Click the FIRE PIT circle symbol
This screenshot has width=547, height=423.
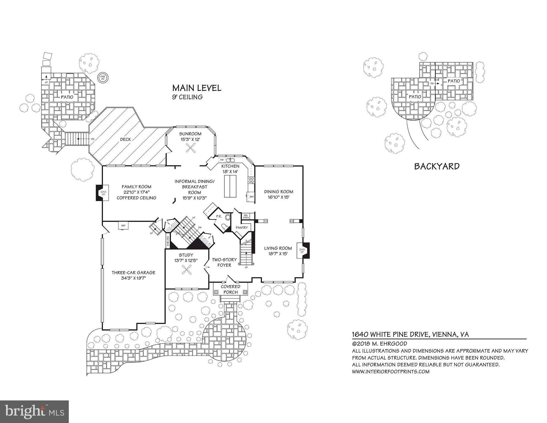(103, 77)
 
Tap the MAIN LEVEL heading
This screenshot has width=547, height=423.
(196, 88)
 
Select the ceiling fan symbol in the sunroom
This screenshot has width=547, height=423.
(190, 149)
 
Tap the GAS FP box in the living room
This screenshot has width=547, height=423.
(302, 251)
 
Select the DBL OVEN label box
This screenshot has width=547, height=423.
(246, 216)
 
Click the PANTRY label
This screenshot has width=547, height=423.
(242, 227)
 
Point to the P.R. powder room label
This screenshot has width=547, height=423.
(219, 216)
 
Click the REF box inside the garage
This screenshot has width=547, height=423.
(123, 226)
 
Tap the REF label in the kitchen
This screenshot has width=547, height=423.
(251, 197)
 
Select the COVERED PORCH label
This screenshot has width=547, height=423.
(231, 289)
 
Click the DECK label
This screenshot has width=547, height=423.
(125, 139)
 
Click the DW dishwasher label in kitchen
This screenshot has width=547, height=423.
(222, 160)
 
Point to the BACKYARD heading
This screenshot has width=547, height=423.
(437, 166)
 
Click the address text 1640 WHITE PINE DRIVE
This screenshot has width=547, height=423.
(389, 334)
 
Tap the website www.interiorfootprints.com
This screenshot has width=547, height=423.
(390, 372)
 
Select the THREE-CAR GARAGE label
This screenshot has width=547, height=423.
(133, 275)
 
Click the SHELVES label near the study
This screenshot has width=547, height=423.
(168, 241)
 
